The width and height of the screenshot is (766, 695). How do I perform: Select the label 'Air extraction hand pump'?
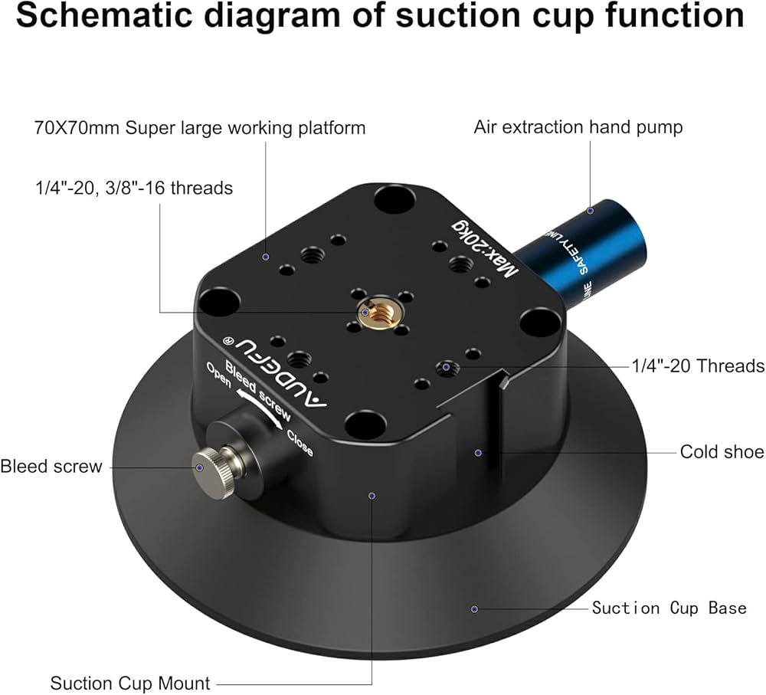pos(578,127)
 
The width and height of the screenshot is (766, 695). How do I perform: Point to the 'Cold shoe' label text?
pos(722,452)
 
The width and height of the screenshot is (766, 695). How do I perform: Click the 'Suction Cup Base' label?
pos(669,608)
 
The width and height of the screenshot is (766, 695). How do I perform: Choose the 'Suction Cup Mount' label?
pos(130,683)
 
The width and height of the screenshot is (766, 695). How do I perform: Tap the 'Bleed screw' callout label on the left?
pos(51,467)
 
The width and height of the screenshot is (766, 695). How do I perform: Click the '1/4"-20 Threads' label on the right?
pos(698,366)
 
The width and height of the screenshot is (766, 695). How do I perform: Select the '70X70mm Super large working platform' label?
pos(200,127)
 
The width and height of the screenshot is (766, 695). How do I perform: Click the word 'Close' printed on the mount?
pos(300,444)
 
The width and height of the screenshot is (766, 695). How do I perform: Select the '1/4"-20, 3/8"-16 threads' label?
pos(133,188)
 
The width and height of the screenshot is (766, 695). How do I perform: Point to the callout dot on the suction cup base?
pos(475,608)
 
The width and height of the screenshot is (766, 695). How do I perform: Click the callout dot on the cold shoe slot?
pos(478,452)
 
